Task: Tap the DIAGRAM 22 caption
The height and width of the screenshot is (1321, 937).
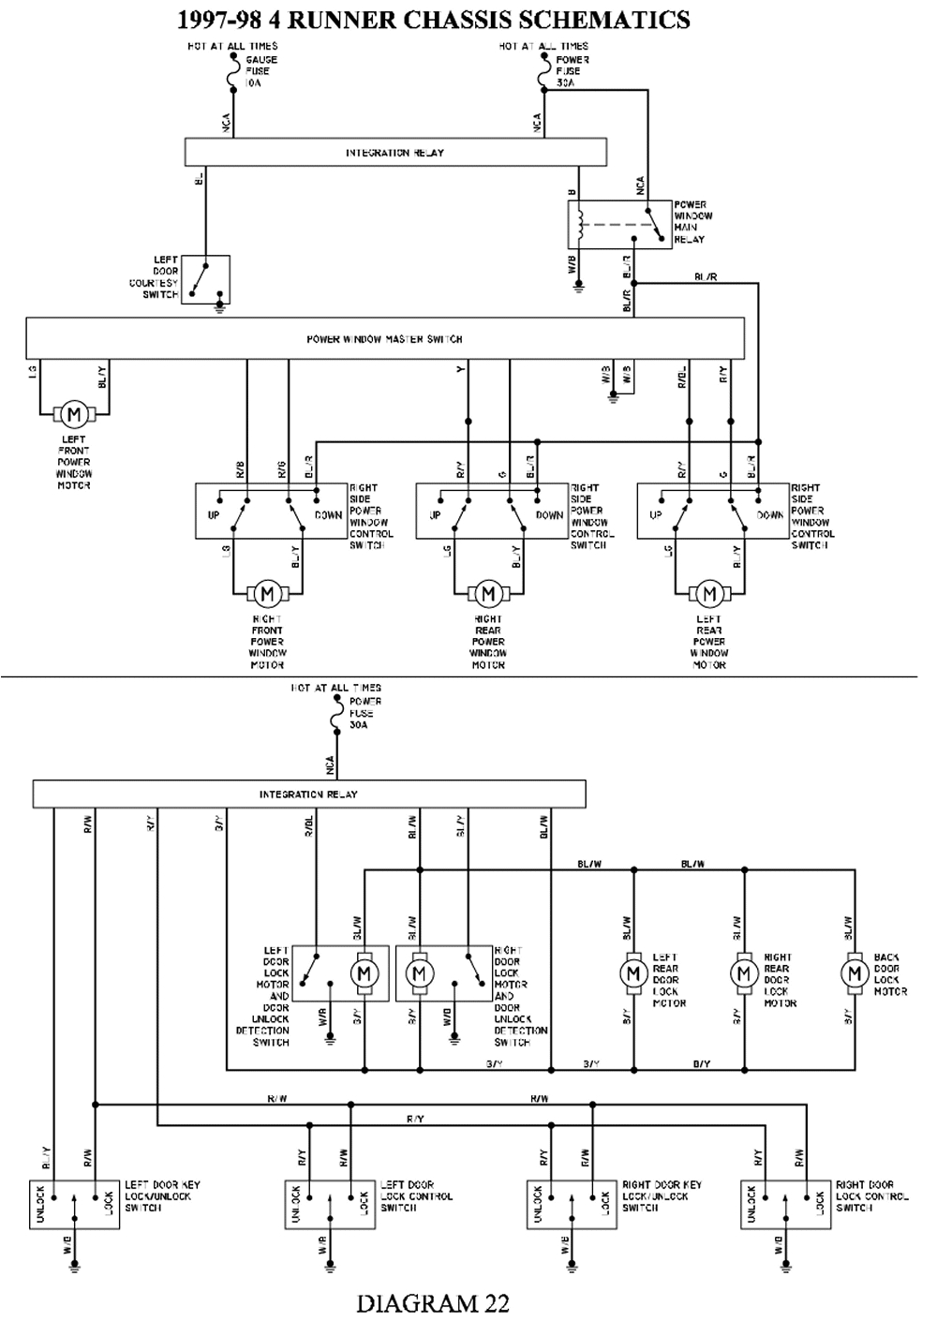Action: point(432,1302)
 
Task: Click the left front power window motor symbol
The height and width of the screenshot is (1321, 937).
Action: point(74,413)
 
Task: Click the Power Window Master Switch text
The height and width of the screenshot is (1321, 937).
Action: point(384,339)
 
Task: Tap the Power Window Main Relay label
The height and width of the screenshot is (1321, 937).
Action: point(692,222)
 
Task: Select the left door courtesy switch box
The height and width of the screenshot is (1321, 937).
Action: point(205,278)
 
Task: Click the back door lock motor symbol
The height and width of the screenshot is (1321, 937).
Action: point(855,973)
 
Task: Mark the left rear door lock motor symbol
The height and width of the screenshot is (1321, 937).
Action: point(634,973)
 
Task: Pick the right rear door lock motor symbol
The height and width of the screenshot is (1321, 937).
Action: point(744,973)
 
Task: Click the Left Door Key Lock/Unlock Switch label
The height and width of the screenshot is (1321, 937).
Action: point(163,1196)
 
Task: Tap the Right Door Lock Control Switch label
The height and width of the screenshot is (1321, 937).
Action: point(871,1196)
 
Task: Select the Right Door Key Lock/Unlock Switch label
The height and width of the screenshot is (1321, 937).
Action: point(662,1196)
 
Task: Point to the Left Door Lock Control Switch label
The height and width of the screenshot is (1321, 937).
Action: point(417,1196)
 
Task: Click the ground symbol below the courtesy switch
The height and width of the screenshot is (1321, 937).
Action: point(220,306)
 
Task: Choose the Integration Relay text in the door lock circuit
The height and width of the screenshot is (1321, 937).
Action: point(308,794)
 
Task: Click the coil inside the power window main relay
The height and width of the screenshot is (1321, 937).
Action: point(582,222)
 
